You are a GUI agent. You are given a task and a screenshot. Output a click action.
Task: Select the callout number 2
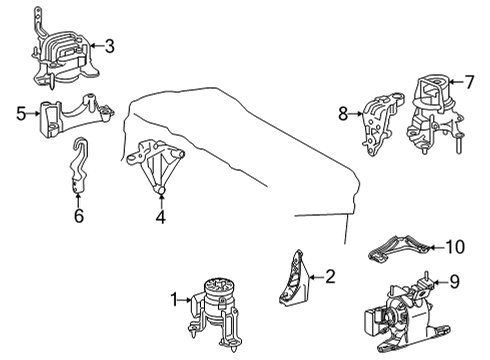[x=331, y=277]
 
